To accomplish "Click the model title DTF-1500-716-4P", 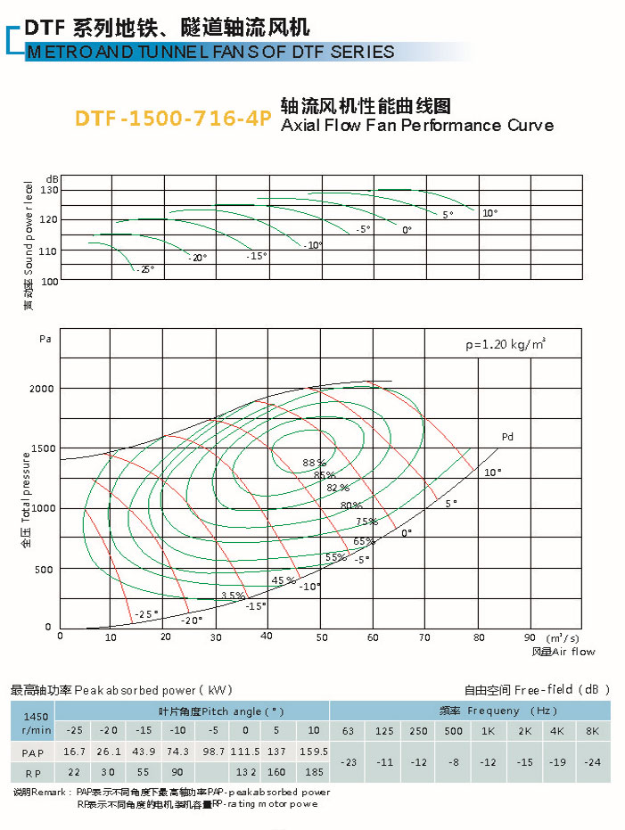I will pyautogui.click(x=172, y=119).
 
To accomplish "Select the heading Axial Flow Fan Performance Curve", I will pyautogui.click(x=416, y=125).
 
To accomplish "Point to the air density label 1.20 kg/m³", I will pyautogui.click(x=506, y=343).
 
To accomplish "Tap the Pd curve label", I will pyautogui.click(x=507, y=437).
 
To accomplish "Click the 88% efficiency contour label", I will pyautogui.click(x=314, y=463).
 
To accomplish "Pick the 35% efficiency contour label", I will pyautogui.click(x=233, y=595).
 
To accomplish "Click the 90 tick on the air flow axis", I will pyautogui.click(x=530, y=637).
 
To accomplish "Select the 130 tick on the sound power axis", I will pyautogui.click(x=49, y=190).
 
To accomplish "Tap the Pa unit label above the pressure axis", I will pyautogui.click(x=45, y=339).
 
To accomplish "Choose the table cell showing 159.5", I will pyautogui.click(x=312, y=752).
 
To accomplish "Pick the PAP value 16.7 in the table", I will pyautogui.click(x=75, y=752).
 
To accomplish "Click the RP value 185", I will pyautogui.click(x=312, y=772).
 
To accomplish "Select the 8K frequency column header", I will pyautogui.click(x=593, y=731).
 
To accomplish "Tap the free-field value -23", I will pyautogui.click(x=349, y=762).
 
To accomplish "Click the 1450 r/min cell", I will pyautogui.click(x=35, y=722).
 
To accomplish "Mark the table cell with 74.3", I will pyautogui.click(x=177, y=752).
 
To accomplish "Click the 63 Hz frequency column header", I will pyautogui.click(x=348, y=731).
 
